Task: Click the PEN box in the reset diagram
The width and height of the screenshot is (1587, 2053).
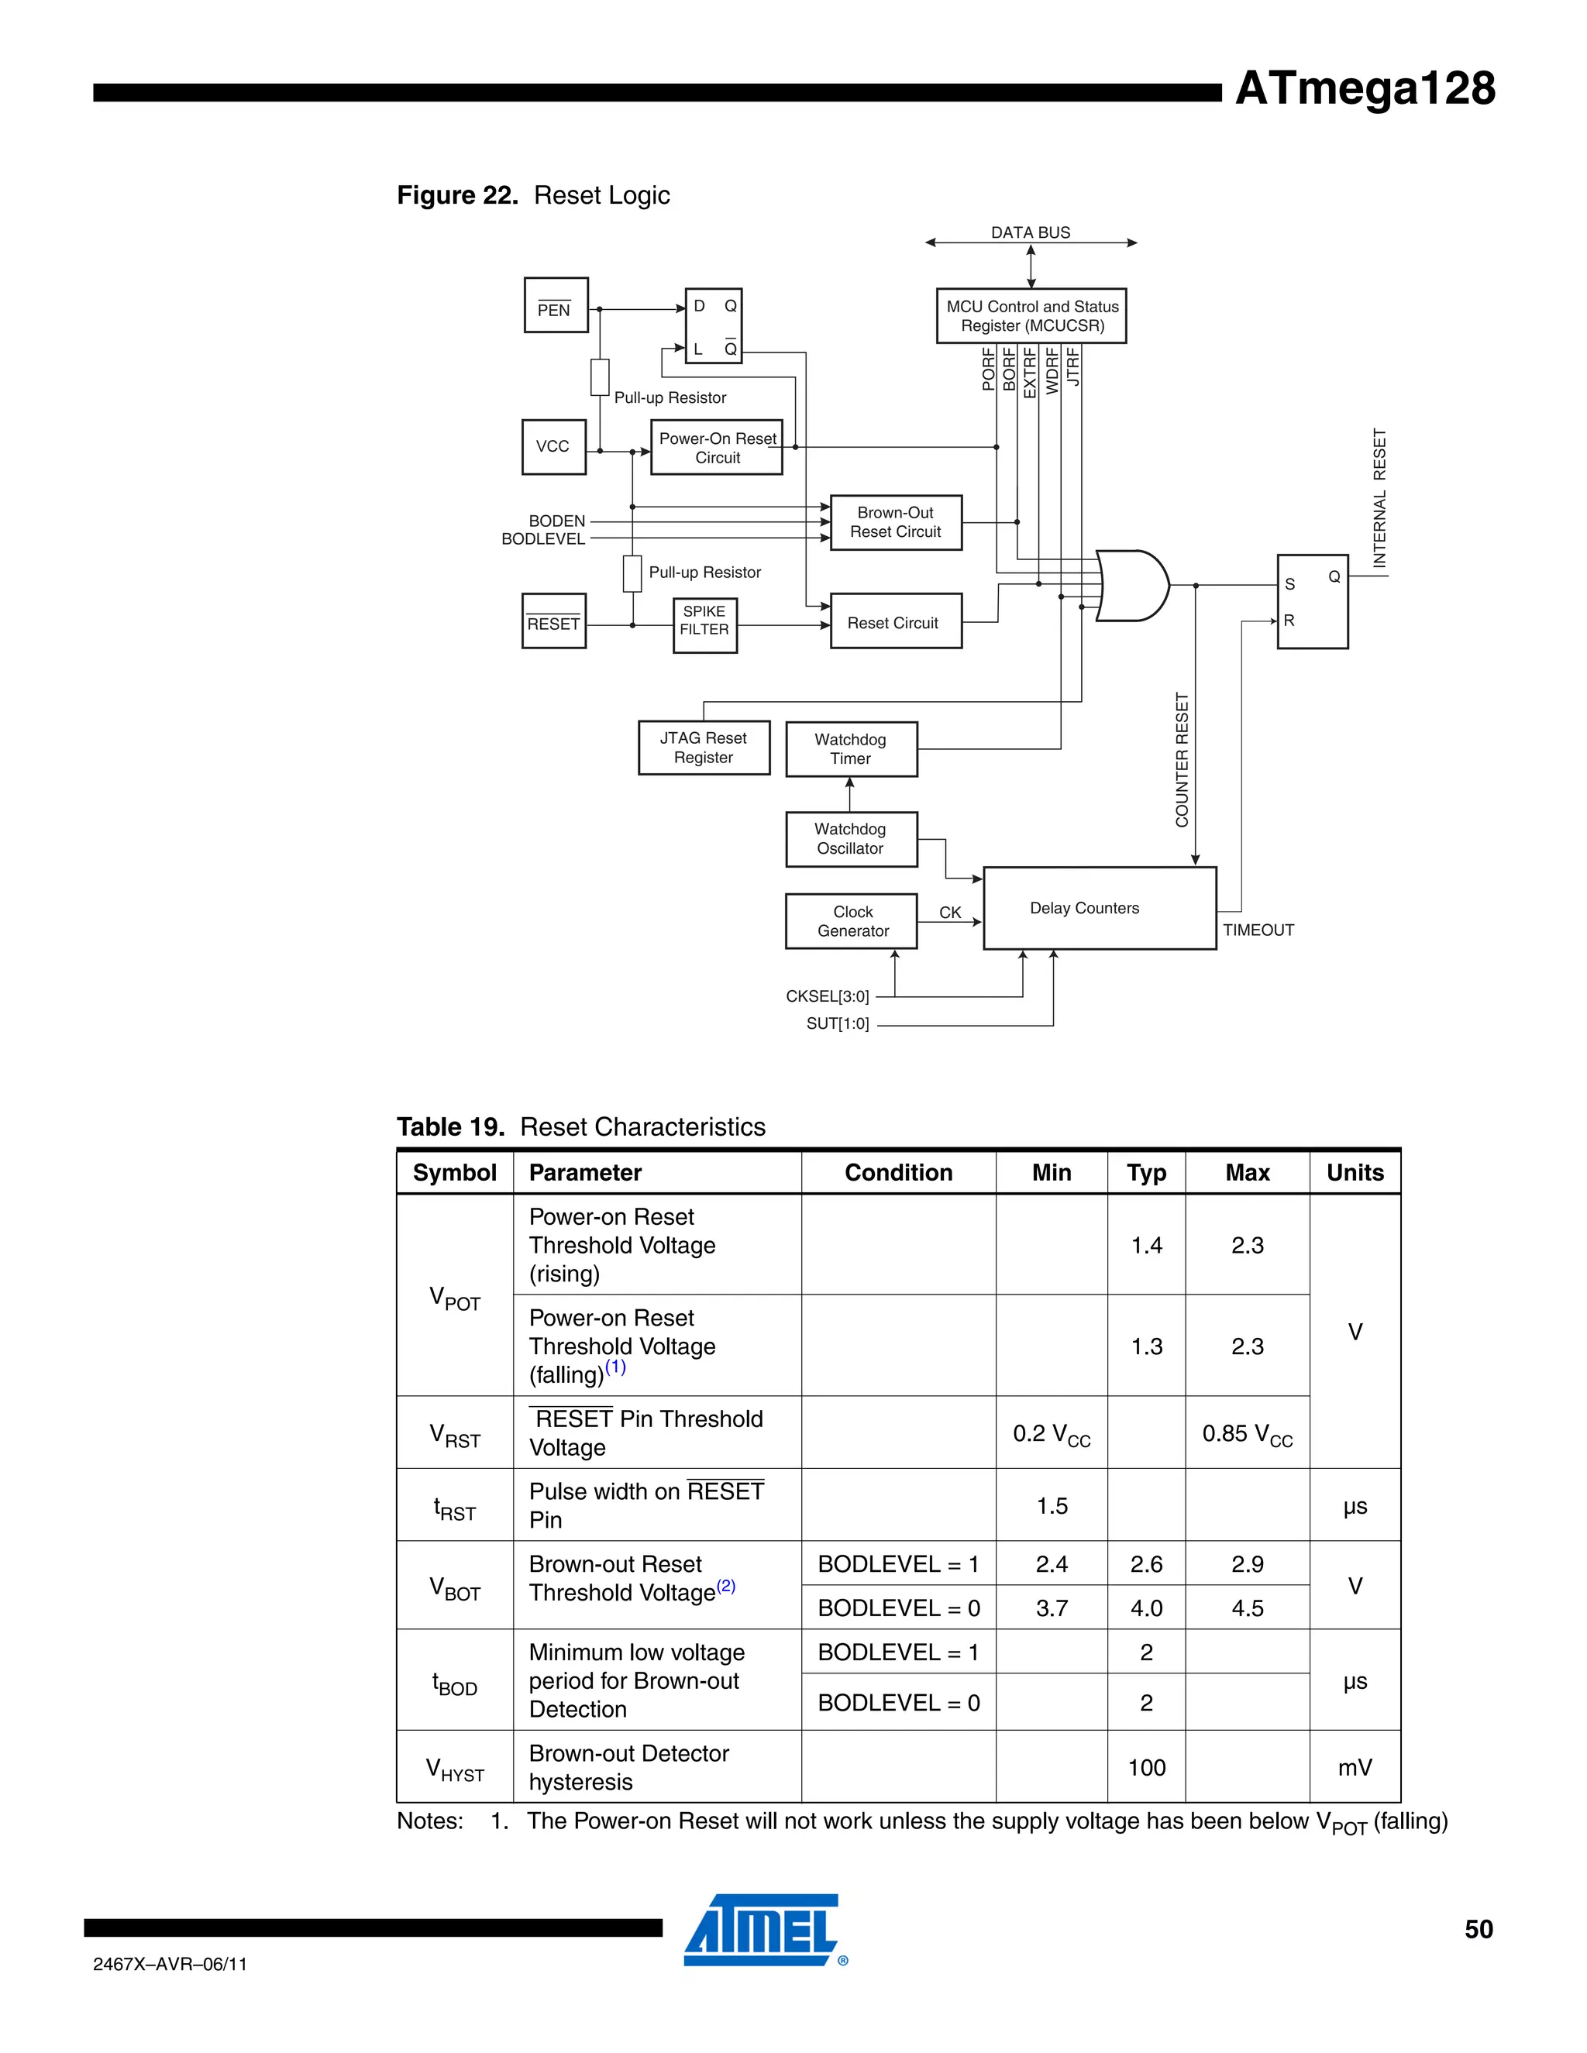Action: [556, 305]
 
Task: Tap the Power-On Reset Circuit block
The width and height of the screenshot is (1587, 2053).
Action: [717, 448]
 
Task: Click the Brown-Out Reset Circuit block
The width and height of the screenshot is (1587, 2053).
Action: [895, 523]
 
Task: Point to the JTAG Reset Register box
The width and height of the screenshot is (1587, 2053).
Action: [704, 748]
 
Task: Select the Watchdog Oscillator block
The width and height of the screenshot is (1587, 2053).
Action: [851, 838]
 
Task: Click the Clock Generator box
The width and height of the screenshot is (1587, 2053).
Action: [852, 921]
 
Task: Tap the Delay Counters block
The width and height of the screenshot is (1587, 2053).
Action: [1099, 908]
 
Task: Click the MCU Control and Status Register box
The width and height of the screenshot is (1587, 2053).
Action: [1031, 316]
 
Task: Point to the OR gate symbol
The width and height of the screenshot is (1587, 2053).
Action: [1132, 586]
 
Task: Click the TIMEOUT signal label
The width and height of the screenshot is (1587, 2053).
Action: [1258, 930]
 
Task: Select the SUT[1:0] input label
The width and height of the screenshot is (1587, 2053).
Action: [838, 1023]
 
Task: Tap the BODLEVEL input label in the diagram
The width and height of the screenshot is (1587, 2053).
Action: [543, 539]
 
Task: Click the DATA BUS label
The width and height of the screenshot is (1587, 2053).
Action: [1031, 232]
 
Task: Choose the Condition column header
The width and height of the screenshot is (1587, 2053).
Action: [898, 1172]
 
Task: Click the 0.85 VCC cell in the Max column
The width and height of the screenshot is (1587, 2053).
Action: [1247, 1435]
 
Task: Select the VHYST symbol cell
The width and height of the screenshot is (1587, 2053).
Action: [455, 1769]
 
